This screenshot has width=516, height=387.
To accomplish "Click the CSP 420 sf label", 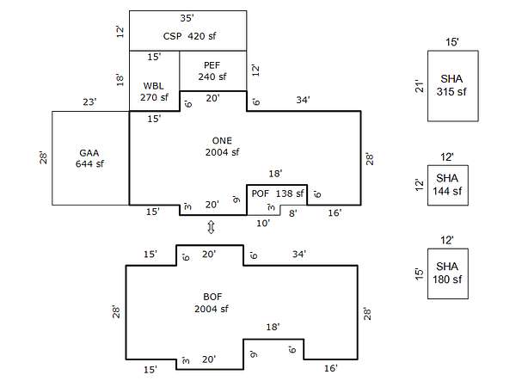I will (187, 37).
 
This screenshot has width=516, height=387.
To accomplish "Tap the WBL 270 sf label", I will (155, 91).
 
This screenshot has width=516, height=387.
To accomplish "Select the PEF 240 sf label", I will (212, 71).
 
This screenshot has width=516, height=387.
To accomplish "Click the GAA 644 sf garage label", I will (89, 158).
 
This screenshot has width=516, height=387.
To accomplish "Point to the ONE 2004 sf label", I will (222, 146).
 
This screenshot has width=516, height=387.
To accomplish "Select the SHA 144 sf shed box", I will (447, 184).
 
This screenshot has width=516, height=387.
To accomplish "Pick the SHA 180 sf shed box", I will (447, 273).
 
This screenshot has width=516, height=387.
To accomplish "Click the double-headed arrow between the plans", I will (211, 227).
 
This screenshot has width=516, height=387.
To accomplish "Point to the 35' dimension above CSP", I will (187, 17).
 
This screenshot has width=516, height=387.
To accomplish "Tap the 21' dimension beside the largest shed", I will (419, 86).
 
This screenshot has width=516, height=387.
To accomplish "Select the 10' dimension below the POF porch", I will (264, 223).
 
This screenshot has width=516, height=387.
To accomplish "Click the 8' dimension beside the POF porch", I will (292, 212).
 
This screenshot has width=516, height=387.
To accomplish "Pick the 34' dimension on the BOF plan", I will (299, 255).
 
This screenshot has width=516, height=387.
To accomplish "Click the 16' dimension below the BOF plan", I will (330, 368).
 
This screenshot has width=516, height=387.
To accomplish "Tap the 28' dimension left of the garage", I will (43, 158).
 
